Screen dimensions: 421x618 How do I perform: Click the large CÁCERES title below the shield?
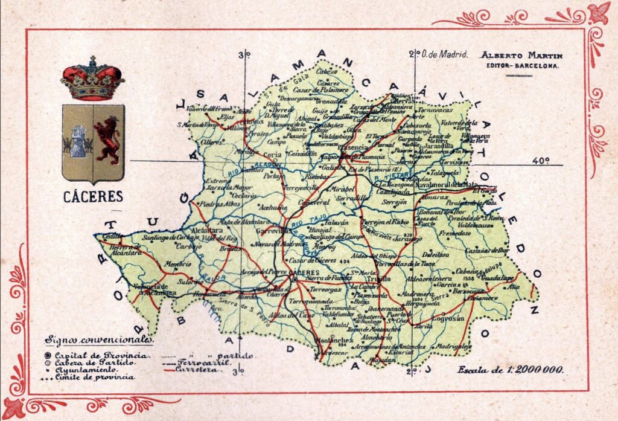point(93,196)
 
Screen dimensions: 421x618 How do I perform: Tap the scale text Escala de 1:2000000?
point(511,369)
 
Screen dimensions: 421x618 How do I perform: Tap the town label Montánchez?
point(334,340)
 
